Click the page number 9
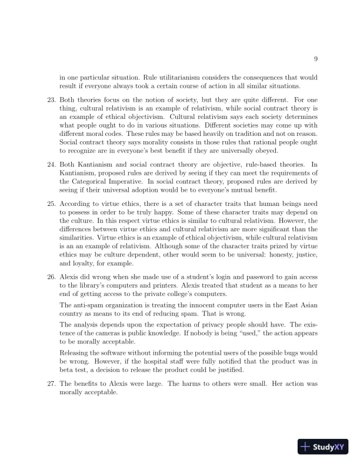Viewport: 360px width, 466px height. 316,58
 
